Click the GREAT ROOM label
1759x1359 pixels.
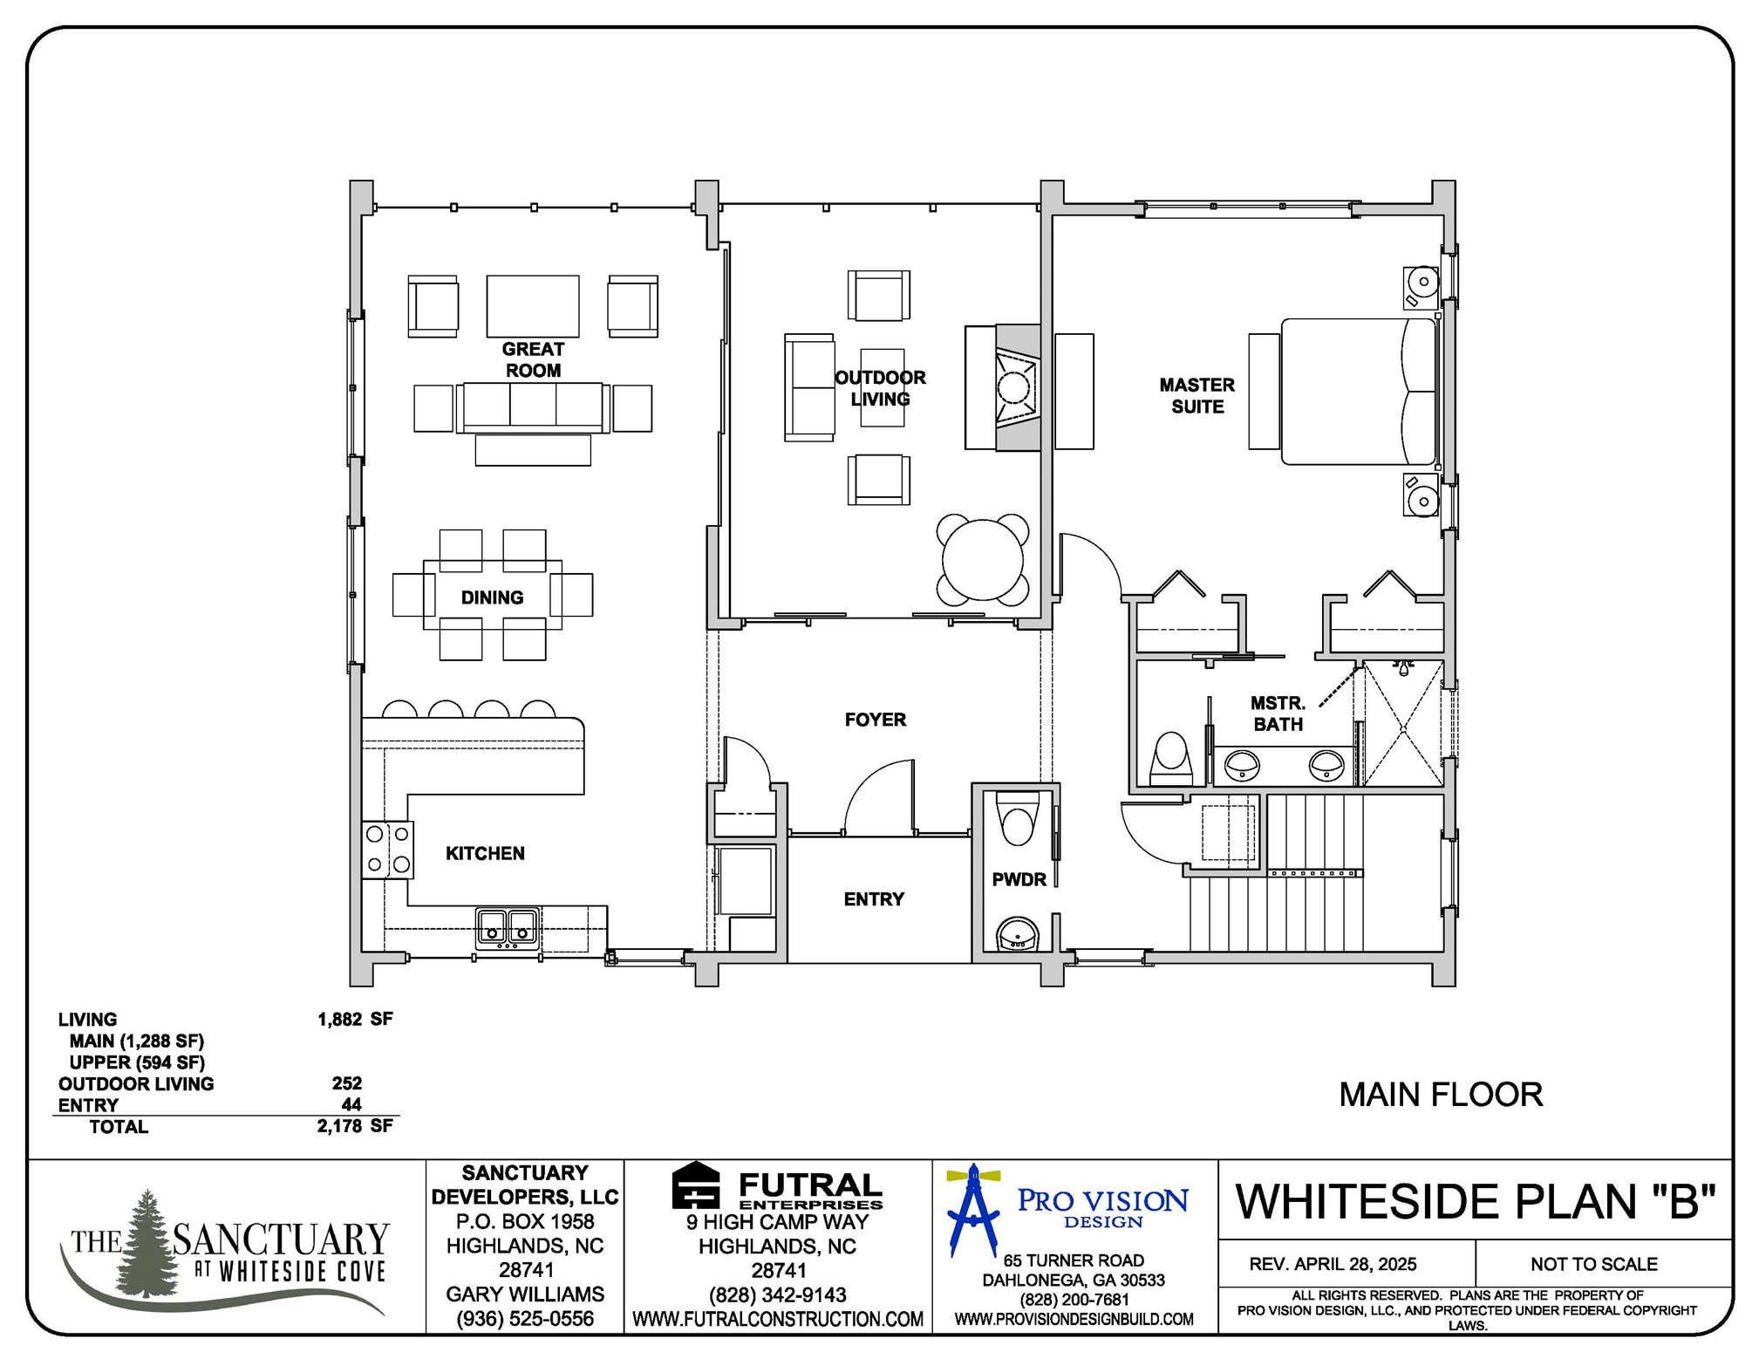tap(533, 359)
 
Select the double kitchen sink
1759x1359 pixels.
tap(507, 927)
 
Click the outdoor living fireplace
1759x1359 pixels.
tap(1014, 387)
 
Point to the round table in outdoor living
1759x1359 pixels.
tap(983, 560)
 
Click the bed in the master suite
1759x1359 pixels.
tap(1357, 391)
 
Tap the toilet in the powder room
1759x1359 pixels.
tap(1017, 822)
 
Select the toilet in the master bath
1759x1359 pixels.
tap(1170, 757)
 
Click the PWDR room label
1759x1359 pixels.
tap(1019, 879)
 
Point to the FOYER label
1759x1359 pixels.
tap(875, 720)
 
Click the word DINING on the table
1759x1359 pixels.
tap(492, 598)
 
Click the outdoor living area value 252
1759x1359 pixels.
tap(346, 1083)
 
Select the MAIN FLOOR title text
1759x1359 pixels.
tap(1440, 1095)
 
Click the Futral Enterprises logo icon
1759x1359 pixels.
tap(695, 1186)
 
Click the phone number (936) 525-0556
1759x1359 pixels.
tap(524, 1319)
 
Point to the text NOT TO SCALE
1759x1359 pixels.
tap(1593, 1264)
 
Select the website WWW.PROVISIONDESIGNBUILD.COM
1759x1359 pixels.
tap(1074, 1320)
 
